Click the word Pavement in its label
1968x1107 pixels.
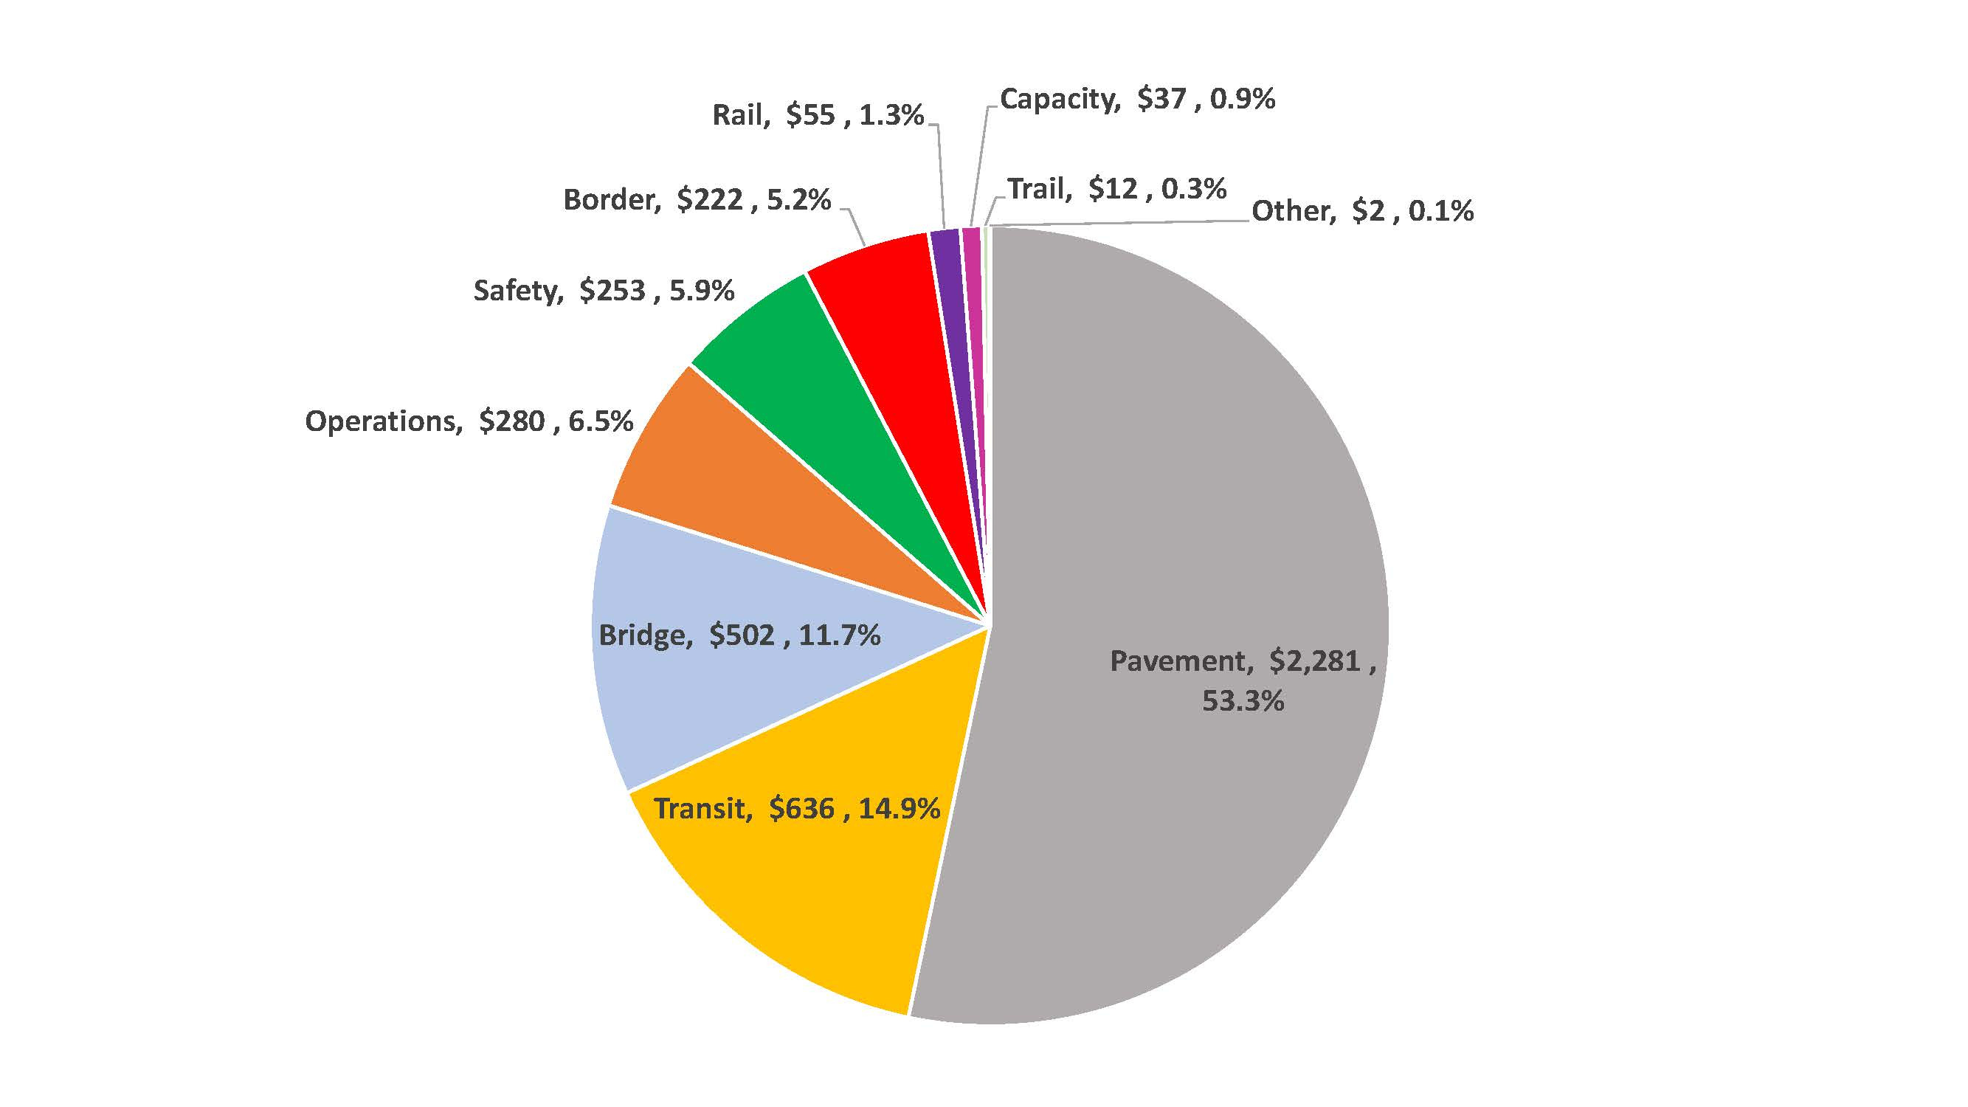(1181, 661)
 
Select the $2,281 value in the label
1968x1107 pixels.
(1314, 661)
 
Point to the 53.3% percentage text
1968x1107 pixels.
(1243, 701)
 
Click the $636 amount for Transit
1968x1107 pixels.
(801, 809)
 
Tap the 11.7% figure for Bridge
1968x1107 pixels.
(840, 635)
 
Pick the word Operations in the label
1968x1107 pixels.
(383, 421)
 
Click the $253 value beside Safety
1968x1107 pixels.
(612, 290)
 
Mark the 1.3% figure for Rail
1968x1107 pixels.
(891, 115)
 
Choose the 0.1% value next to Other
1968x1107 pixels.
(1441, 211)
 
